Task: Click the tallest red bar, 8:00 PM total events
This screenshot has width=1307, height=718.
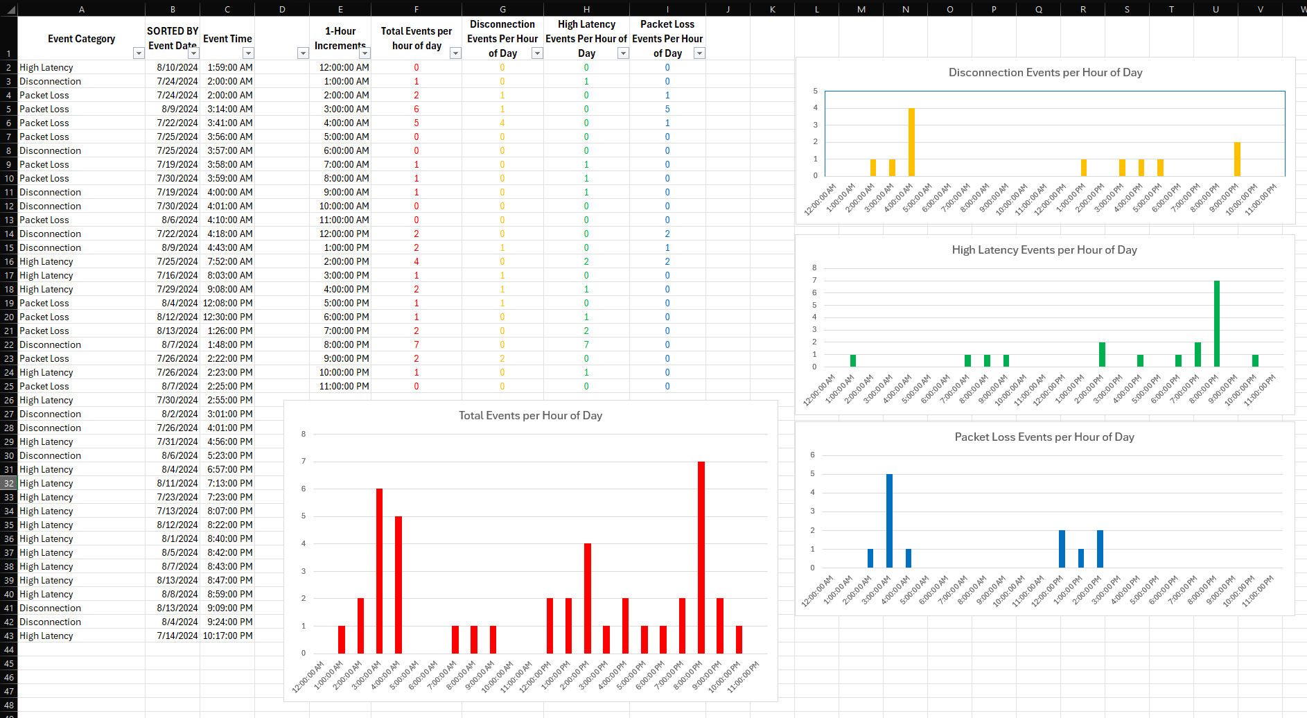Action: pos(701,557)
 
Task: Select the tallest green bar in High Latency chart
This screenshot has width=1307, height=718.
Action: pos(1217,324)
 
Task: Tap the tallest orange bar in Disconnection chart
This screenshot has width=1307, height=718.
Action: pos(911,142)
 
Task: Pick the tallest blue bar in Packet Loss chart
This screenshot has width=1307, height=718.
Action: pos(889,520)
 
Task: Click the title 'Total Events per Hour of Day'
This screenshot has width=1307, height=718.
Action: pos(530,416)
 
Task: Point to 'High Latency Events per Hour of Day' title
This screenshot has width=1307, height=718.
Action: pos(1044,250)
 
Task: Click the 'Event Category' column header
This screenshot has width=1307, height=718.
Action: pos(81,39)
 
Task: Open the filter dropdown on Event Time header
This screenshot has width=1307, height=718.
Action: pos(248,53)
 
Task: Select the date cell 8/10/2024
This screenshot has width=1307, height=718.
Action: pos(177,67)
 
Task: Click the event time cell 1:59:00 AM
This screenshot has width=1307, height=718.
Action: pos(230,67)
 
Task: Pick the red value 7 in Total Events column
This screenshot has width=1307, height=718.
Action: pos(416,344)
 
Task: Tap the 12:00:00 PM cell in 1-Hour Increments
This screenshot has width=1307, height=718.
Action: pos(344,234)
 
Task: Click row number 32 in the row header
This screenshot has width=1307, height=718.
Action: pos(9,483)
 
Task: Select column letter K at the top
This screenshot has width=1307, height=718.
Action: pos(773,9)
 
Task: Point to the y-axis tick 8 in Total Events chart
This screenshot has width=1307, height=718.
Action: pos(304,435)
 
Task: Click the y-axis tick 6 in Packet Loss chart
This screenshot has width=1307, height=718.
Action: pos(813,455)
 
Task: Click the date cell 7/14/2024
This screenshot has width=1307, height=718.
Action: pos(177,636)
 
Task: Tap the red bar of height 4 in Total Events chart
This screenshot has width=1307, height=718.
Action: pos(588,598)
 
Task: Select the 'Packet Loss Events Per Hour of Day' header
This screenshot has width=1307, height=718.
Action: pos(667,39)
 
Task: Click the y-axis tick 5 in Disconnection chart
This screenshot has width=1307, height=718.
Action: pos(816,91)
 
